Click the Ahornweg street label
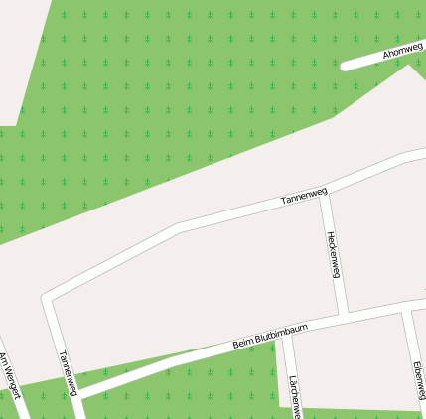[x=402, y=50]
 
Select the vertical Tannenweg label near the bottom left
[x=66, y=372]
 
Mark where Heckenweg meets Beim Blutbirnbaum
[x=344, y=316]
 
